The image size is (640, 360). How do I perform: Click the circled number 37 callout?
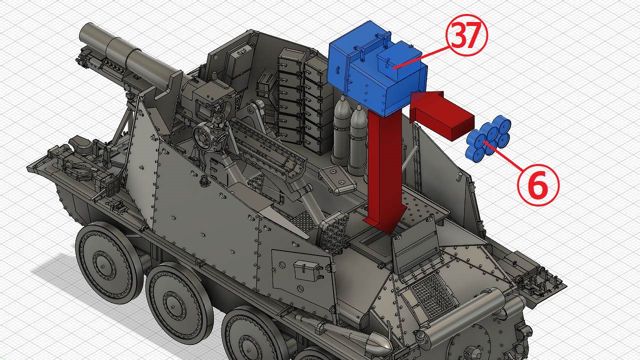coord(466,35)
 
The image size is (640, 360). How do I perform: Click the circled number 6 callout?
coord(538,185)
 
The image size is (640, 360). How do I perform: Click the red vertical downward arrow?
coord(384,171)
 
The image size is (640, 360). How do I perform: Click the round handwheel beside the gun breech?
coord(203,137)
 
